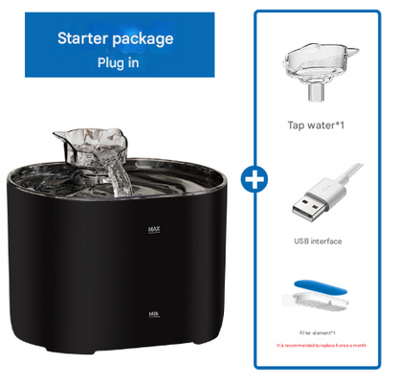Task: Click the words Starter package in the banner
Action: [115, 39]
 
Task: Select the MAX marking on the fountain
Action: [154, 230]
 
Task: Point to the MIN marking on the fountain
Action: [154, 313]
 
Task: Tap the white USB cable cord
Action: [347, 188]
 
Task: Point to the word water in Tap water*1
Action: [317, 125]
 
